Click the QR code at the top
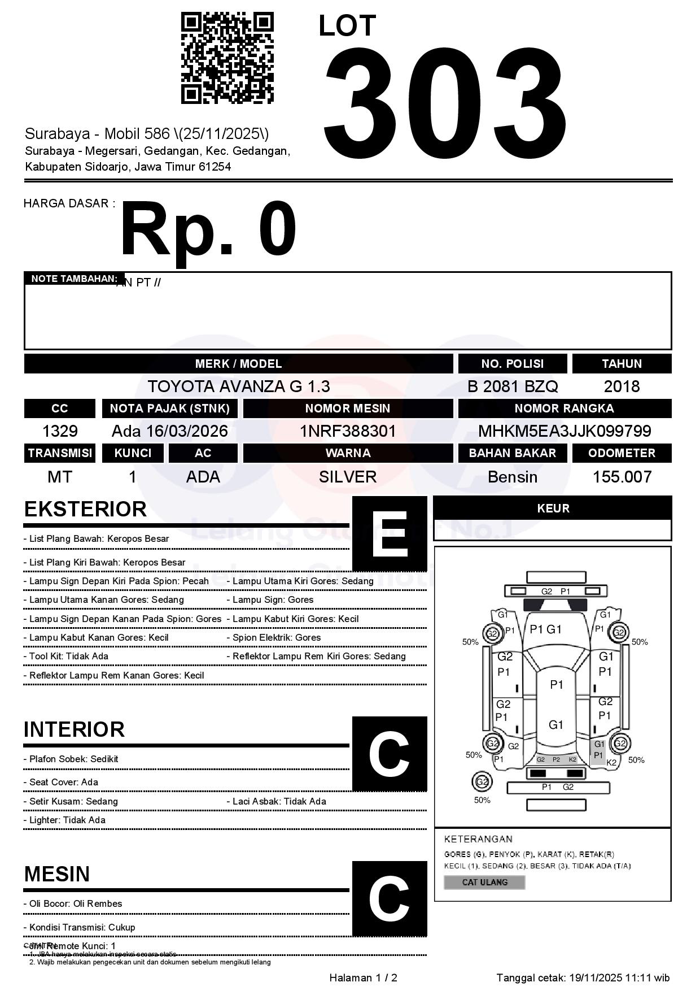[x=227, y=58]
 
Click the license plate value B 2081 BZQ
[x=513, y=386]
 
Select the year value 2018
[x=622, y=386]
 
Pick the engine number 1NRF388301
[x=348, y=432]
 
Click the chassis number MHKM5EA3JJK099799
[x=565, y=432]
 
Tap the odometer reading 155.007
[x=622, y=477]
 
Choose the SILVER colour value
[x=348, y=477]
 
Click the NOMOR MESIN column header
[x=348, y=408]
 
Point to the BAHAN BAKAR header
[x=513, y=453]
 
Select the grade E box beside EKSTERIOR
[x=390, y=533]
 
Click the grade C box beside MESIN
[x=390, y=898]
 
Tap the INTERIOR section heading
[x=74, y=729]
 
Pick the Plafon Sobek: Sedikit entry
[x=71, y=759]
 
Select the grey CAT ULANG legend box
[x=484, y=883]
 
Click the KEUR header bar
[x=553, y=508]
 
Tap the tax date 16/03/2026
[x=187, y=432]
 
